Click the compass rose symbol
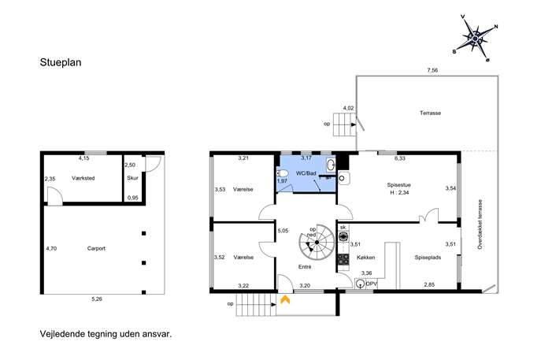[x=475, y=39]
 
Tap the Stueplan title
[x=61, y=62]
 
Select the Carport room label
[x=96, y=248]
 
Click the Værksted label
[x=83, y=178]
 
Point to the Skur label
[x=132, y=178]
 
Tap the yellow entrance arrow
[x=285, y=299]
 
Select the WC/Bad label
[x=306, y=173]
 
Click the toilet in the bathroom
[x=282, y=173]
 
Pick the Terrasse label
[x=430, y=113]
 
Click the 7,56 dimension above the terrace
[x=432, y=70]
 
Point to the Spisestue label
[x=398, y=185]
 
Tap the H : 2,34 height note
[x=399, y=192]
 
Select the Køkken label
[x=365, y=257]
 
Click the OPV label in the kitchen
[x=371, y=284]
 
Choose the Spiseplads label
[x=428, y=257]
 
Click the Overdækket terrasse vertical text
[x=480, y=225]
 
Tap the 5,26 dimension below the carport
[x=97, y=299]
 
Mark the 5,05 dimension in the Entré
[x=283, y=231]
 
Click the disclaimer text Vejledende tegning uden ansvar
[x=106, y=334]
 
